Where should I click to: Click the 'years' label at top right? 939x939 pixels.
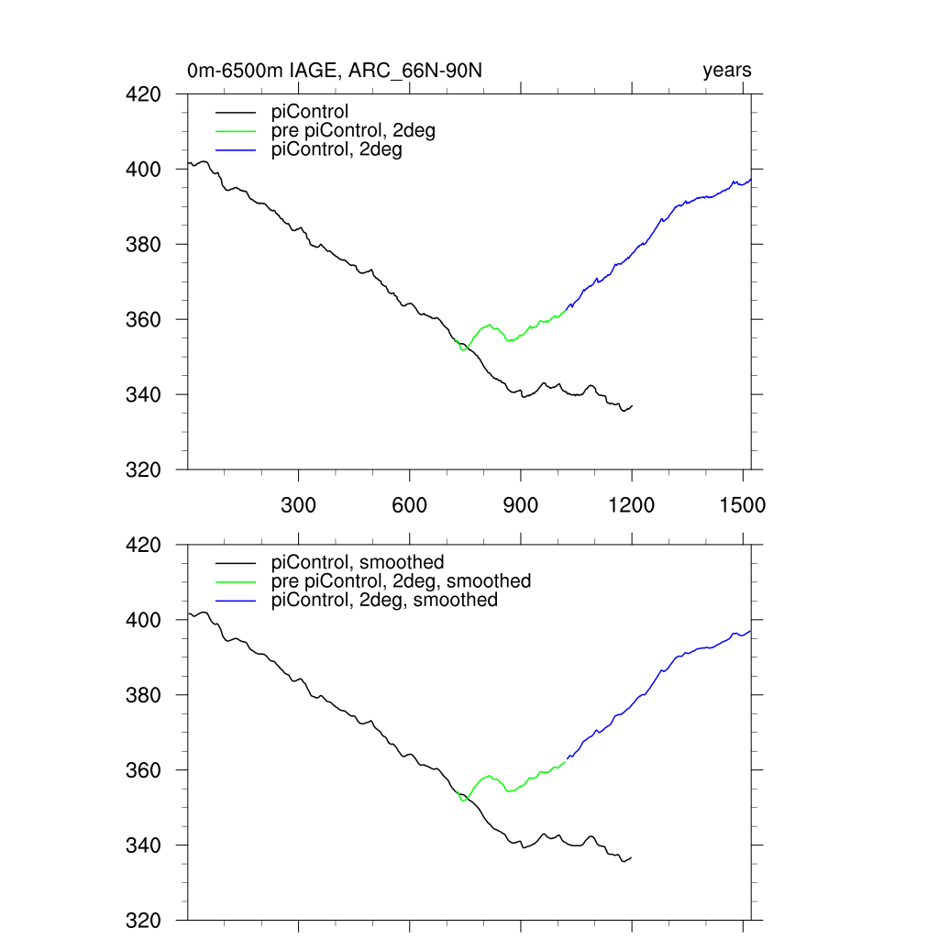coord(727,71)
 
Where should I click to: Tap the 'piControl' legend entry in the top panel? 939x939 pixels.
coord(310,112)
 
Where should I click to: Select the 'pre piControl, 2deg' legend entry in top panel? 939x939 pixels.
coord(353,130)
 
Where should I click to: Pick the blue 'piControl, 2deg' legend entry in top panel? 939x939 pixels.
coord(337,149)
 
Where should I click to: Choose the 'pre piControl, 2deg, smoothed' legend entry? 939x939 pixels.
coord(401,580)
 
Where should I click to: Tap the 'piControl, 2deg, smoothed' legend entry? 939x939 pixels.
coord(384,600)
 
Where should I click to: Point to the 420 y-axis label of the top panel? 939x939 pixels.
coord(143,94)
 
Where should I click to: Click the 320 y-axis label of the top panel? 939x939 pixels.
coord(143,469)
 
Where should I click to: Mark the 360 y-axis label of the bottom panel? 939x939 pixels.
coord(143,770)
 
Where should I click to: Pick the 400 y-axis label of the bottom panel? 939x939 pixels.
coord(143,620)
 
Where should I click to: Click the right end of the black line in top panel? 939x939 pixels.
coord(632,405)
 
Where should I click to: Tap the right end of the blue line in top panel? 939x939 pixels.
coord(750,180)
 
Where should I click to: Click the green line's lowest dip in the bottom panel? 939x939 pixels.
coord(464,800)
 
